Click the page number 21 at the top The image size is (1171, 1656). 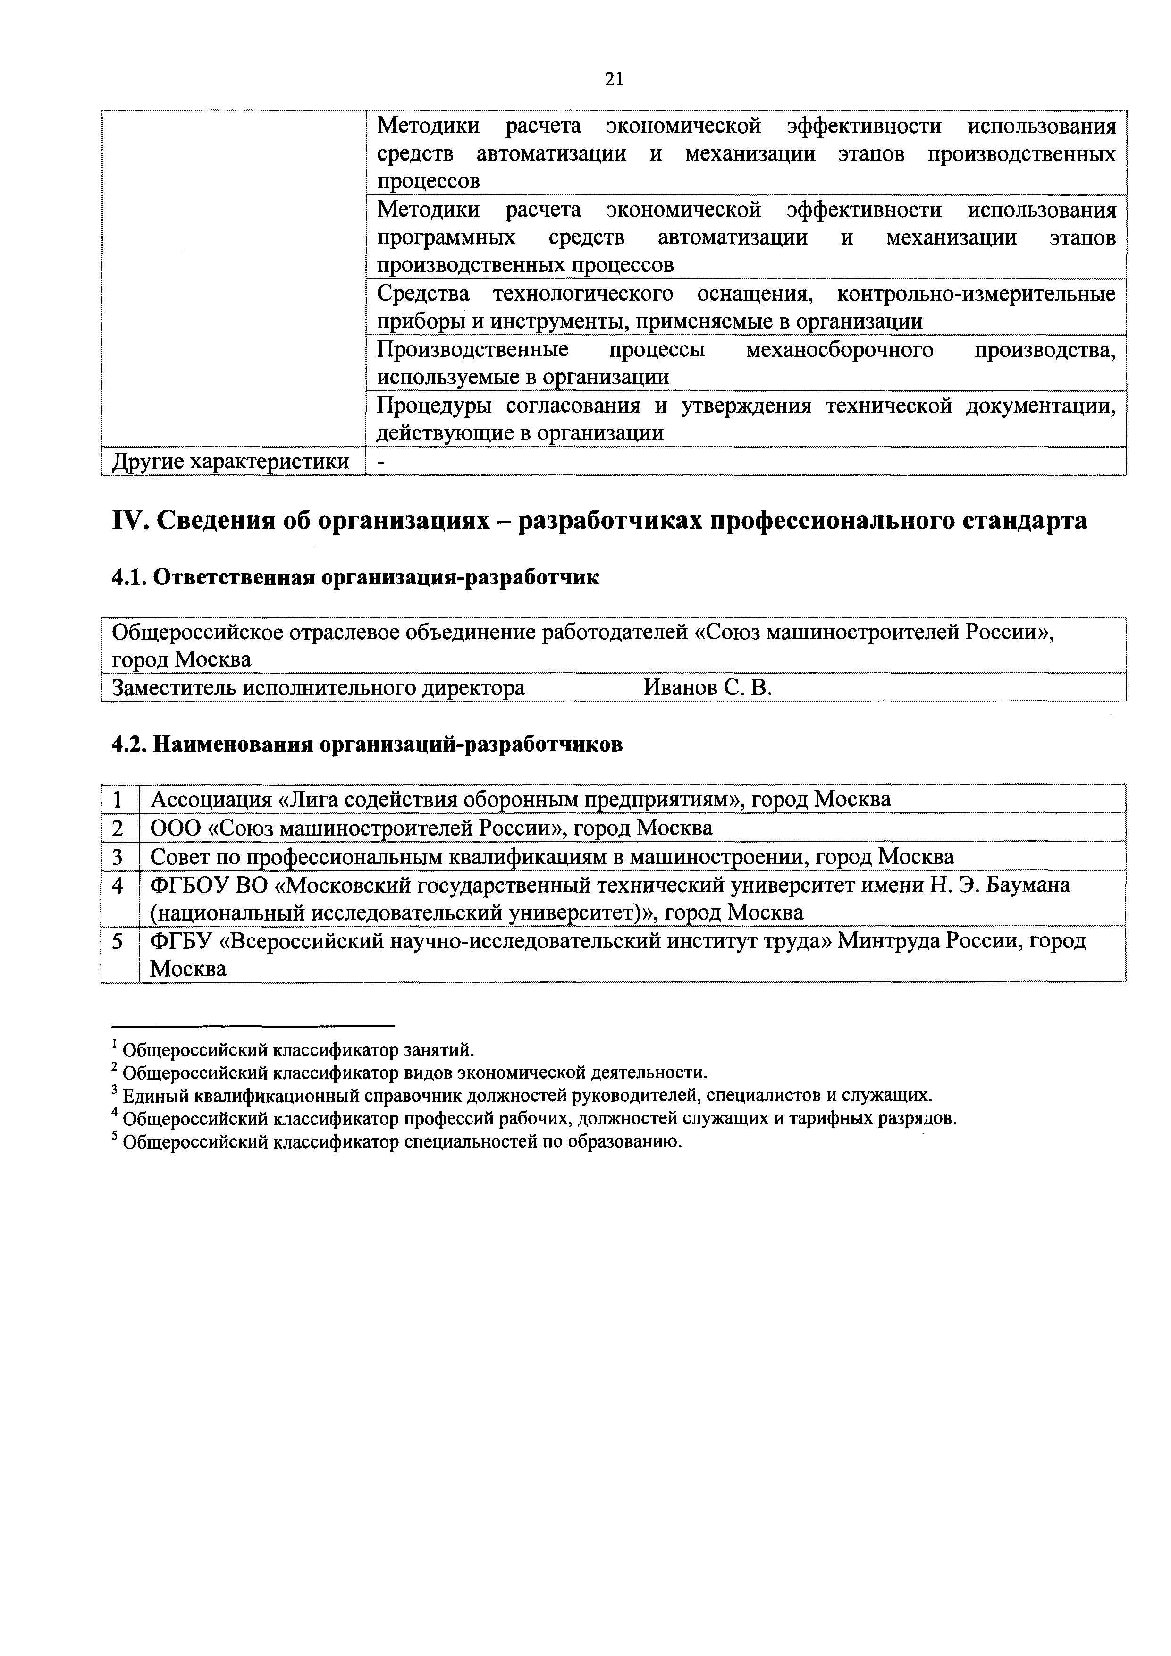[x=614, y=79]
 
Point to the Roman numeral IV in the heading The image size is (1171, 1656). [x=127, y=520]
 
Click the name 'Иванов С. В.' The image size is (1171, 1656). [x=708, y=688]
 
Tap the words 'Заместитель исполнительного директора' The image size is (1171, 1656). [x=319, y=688]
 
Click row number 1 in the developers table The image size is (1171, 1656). [x=119, y=800]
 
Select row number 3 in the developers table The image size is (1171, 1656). [x=119, y=857]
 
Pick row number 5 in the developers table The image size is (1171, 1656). [x=119, y=941]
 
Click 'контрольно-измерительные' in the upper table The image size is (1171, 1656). [x=977, y=294]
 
